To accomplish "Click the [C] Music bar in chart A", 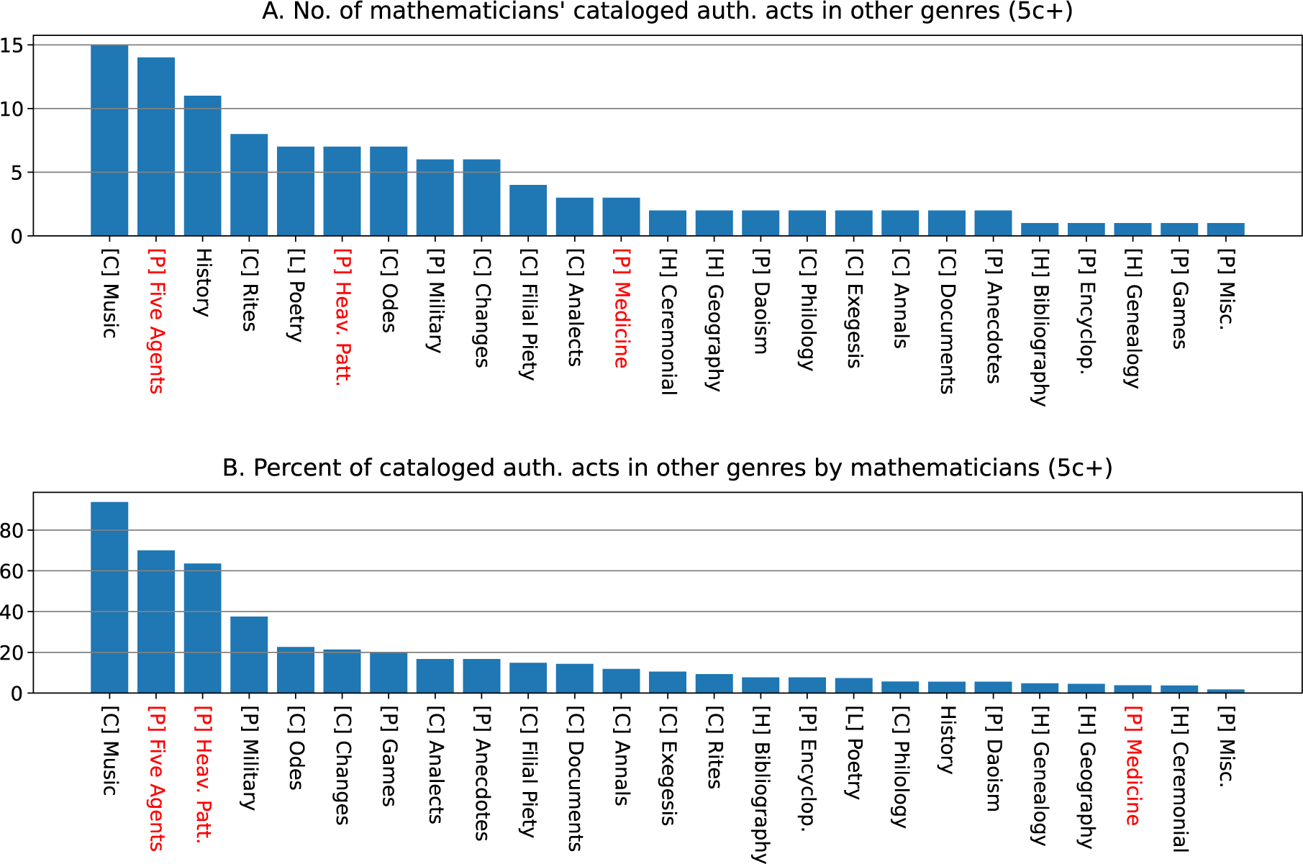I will coord(109,140).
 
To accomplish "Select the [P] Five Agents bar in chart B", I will coord(156,622).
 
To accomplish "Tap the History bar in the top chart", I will coord(202,165).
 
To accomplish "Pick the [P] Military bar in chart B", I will coord(249,655).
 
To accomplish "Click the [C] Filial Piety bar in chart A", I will coord(528,211).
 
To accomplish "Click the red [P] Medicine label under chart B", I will coord(1132,767).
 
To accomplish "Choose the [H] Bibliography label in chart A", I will coord(1039,328).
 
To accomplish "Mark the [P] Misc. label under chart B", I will coord(1225,747).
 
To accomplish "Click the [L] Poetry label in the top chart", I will coord(295,296).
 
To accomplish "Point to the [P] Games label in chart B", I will coord(388,757).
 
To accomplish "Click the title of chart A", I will coord(667,12).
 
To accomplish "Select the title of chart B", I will coord(667,468).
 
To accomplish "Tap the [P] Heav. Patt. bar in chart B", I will coord(202,628).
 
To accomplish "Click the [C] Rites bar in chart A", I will coord(249,185).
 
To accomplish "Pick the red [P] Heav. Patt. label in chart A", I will coord(342,317).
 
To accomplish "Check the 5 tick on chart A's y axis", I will coord(17,173).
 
